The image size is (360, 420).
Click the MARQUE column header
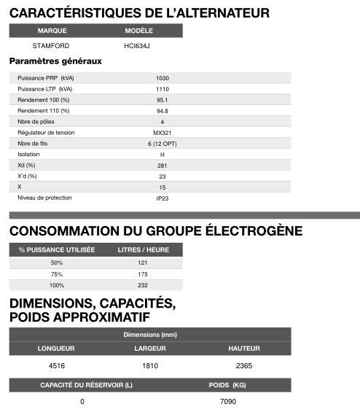point(52,31)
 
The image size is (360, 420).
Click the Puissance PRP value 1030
point(162,78)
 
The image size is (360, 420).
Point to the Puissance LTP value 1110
point(162,89)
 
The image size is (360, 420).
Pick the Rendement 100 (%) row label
point(44,100)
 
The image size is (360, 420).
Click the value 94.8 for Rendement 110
point(162,111)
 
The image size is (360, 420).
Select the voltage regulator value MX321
point(162,133)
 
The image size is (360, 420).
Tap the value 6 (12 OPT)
point(162,144)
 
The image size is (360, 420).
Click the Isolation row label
point(28,155)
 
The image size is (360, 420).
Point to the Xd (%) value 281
point(162,166)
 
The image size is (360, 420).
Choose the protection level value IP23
point(162,198)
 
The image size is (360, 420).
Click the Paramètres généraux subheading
point(55,61)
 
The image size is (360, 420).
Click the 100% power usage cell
point(57,285)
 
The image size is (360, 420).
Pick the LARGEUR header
point(149,349)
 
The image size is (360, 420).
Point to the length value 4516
point(56,365)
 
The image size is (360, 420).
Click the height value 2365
point(243,365)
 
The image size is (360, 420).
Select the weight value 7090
point(227,402)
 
